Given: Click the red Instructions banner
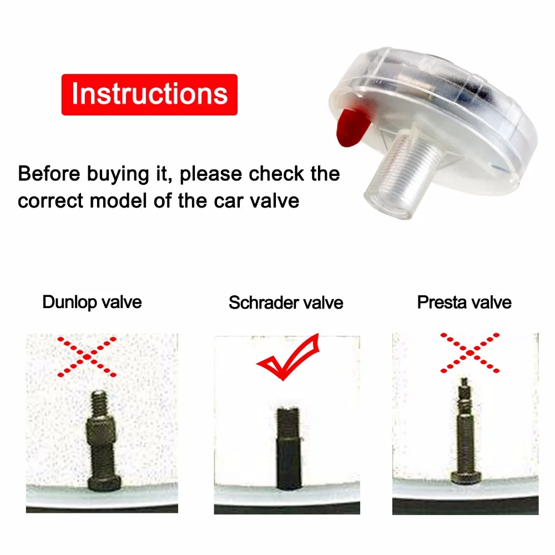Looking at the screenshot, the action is [x=149, y=94].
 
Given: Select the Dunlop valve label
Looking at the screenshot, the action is [x=92, y=302].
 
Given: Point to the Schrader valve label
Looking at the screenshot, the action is [x=286, y=302].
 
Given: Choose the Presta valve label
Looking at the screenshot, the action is [x=465, y=302].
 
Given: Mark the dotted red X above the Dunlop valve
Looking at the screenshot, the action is [x=87, y=357].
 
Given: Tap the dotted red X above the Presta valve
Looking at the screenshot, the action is [x=470, y=352].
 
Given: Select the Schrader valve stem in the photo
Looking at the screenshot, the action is [x=289, y=448].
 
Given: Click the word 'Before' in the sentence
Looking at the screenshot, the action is [x=49, y=174].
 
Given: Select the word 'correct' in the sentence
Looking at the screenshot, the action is [x=51, y=201].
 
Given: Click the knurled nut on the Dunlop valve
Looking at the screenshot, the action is [x=102, y=430].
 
